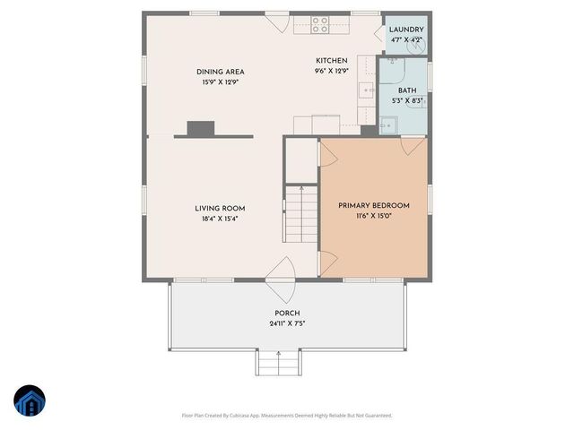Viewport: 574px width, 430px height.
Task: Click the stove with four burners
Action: coord(320,24)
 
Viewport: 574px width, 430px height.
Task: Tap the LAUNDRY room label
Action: coord(405,30)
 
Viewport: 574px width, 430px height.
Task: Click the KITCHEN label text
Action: coord(331,61)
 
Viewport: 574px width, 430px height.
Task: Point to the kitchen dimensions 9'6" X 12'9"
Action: coord(331,71)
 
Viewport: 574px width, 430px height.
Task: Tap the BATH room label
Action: coord(407,90)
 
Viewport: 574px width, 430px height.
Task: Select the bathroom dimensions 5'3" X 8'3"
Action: coord(407,101)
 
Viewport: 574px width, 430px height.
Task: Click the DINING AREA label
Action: coord(221,72)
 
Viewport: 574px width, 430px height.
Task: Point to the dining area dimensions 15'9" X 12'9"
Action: coord(221,82)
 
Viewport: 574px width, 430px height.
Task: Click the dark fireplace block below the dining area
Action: coord(200,129)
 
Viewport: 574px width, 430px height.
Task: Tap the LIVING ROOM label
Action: coord(221,209)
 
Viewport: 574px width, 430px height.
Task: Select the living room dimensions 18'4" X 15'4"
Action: coord(221,219)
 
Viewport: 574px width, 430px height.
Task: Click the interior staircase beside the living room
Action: coord(301,215)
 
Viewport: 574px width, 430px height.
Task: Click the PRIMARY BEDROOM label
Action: coord(373,206)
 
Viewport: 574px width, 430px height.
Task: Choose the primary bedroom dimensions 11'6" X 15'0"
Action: coord(373,216)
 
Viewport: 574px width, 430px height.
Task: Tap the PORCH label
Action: coord(287,313)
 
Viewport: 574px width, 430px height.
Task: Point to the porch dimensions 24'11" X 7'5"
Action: coord(287,323)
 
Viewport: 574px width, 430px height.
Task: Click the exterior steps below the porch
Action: coord(277,363)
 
